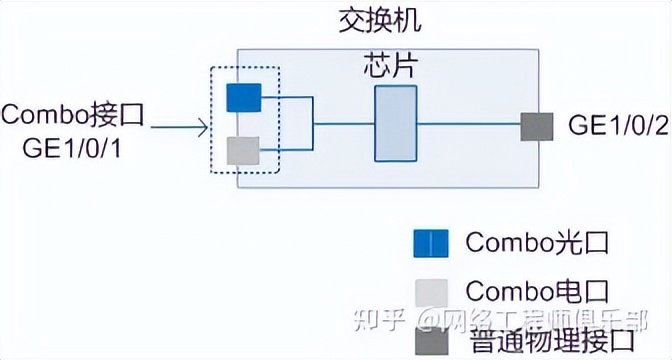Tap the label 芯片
[388, 67]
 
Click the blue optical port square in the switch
[243, 97]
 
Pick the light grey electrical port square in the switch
[243, 150]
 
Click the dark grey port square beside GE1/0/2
[537, 125]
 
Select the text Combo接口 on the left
[73, 113]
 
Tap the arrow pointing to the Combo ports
[180, 126]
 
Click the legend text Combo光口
[536, 243]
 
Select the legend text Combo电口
[536, 292]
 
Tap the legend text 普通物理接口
[549, 340]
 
